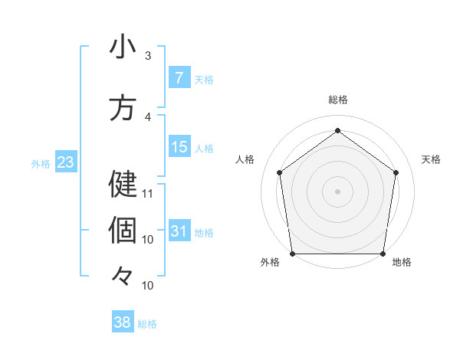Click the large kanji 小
123,47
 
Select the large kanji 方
123,108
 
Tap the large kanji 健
123,185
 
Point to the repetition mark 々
123,277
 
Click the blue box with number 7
179,78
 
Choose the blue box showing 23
65,162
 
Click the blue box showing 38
123,323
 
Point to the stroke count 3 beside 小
148,56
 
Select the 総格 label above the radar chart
337,100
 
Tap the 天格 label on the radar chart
431,159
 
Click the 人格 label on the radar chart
245,159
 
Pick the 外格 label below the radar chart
270,263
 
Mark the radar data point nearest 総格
337,130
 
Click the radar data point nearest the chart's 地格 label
383,254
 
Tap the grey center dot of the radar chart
337,191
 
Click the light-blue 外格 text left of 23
40,163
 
